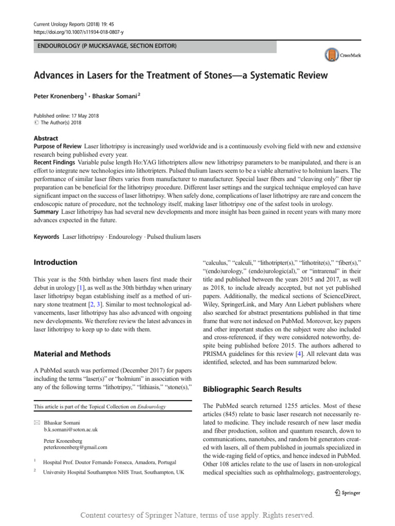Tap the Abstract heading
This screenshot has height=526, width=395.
46,138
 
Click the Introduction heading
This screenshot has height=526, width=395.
55,262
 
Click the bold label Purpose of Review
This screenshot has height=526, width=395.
58,147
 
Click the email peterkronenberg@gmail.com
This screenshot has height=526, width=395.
75,447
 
